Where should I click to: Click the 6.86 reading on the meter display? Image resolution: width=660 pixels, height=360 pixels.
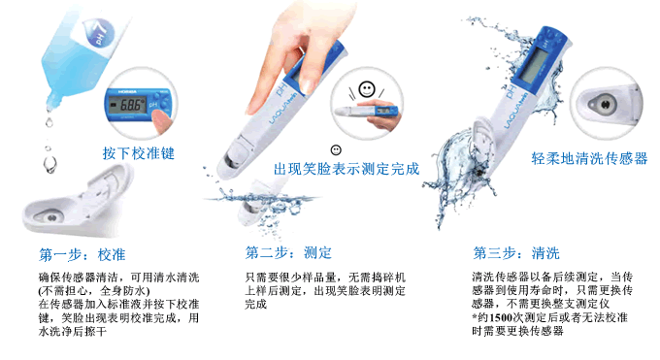[130, 105]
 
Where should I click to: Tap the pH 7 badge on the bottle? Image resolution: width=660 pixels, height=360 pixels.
[101, 32]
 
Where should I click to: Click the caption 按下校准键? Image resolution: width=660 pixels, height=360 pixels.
[139, 153]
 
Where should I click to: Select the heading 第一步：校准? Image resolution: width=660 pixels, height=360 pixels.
[82, 255]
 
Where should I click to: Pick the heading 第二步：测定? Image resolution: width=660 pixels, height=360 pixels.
[289, 252]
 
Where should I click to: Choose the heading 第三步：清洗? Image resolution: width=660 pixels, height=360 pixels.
[516, 253]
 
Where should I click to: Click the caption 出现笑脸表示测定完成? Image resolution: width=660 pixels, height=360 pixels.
[346, 169]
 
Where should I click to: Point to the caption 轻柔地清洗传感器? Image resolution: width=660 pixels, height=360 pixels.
[589, 158]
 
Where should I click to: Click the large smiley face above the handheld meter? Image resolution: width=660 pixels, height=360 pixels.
[367, 89]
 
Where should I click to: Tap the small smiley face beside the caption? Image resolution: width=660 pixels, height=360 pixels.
[336, 149]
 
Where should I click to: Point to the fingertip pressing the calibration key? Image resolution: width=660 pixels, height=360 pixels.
[160, 121]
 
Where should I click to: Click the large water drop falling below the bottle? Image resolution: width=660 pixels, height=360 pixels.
[50, 164]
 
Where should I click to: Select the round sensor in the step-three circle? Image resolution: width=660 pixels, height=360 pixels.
[606, 104]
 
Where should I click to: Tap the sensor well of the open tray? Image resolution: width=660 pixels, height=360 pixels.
[51, 217]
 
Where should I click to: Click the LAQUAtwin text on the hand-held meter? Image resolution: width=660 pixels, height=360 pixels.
[282, 109]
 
